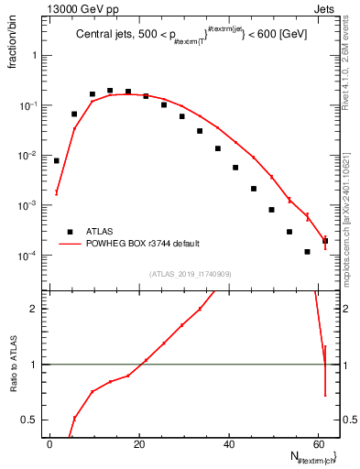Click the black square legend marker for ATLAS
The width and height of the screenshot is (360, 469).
pos(69,232)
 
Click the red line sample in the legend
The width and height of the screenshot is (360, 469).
pos(69,244)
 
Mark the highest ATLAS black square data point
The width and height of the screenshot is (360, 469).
pos(110,91)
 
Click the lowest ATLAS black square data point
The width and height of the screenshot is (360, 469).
pos(307,251)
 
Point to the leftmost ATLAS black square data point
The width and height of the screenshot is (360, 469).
pos(57,160)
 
